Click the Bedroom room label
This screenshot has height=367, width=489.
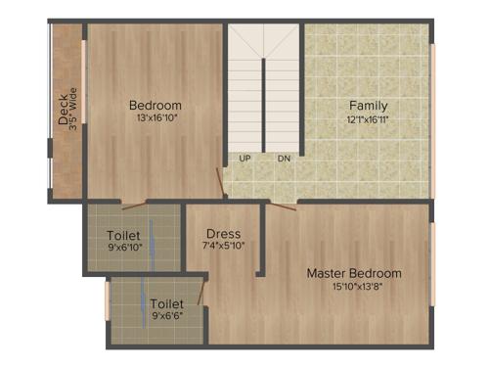pyautogui.click(x=156, y=106)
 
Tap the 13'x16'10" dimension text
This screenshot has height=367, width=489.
pyautogui.click(x=156, y=118)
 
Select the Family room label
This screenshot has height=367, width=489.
pyautogui.click(x=369, y=106)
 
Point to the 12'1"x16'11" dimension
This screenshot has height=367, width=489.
pyautogui.click(x=369, y=118)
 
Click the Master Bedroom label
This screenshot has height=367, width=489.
pyautogui.click(x=354, y=273)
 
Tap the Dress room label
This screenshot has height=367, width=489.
pyautogui.click(x=224, y=233)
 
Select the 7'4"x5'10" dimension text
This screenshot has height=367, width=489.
pyautogui.click(x=224, y=246)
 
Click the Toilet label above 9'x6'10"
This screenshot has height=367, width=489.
pyautogui.click(x=123, y=236)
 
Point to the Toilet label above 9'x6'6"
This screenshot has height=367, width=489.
pyautogui.click(x=167, y=304)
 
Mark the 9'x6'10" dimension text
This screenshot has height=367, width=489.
pyautogui.click(x=123, y=248)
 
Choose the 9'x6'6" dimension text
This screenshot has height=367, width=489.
pyautogui.click(x=167, y=316)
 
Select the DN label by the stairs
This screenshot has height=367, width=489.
pyautogui.click(x=284, y=158)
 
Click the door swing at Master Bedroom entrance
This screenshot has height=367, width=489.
pyautogui.click(x=283, y=206)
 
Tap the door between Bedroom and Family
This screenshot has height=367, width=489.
pyautogui.click(x=220, y=181)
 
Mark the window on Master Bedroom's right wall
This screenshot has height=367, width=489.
pyautogui.click(x=431, y=250)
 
